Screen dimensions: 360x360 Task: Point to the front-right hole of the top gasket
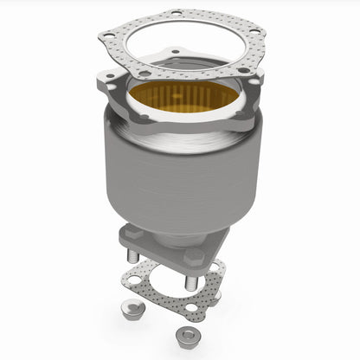pos(243,69)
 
